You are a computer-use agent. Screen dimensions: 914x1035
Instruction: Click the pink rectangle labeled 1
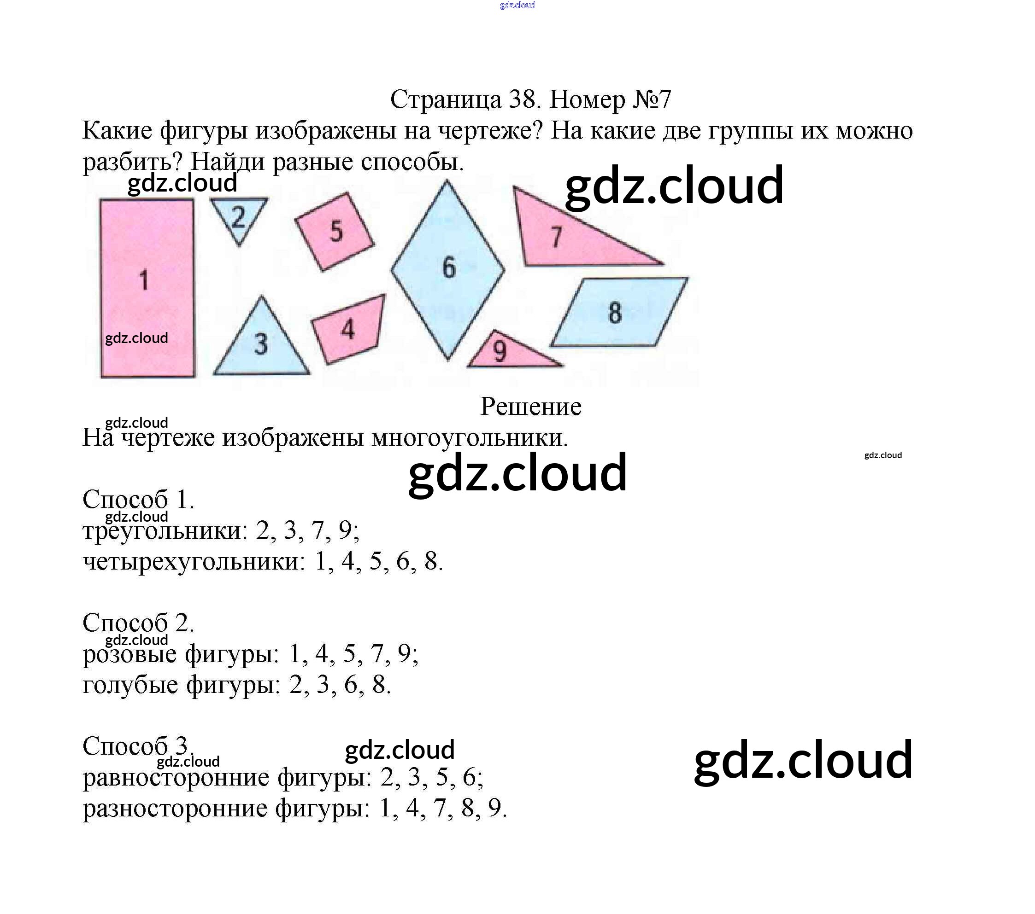pos(147,288)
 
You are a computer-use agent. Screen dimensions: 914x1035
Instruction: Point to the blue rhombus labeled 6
pos(448,269)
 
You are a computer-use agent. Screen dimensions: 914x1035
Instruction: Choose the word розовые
pos(129,654)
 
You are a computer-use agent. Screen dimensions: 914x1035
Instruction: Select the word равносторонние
pos(175,777)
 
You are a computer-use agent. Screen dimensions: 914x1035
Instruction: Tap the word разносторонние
pos(175,808)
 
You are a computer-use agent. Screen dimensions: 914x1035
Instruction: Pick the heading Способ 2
pos(138,623)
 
